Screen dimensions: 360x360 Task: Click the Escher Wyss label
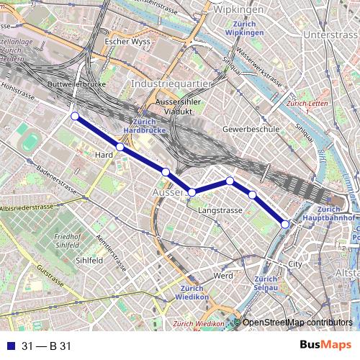pos(126,41)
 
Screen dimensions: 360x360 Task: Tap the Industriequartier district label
pos(171,84)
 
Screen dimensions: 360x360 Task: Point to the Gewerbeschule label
pos(251,129)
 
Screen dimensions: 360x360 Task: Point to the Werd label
pos(222,276)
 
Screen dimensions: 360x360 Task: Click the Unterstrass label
pos(330,35)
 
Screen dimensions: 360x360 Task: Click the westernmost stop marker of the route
pos(74,115)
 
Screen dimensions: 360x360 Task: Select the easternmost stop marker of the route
pos(285,225)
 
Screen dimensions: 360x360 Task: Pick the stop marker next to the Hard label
pos(120,147)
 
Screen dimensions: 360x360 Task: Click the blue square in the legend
pos(9,346)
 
